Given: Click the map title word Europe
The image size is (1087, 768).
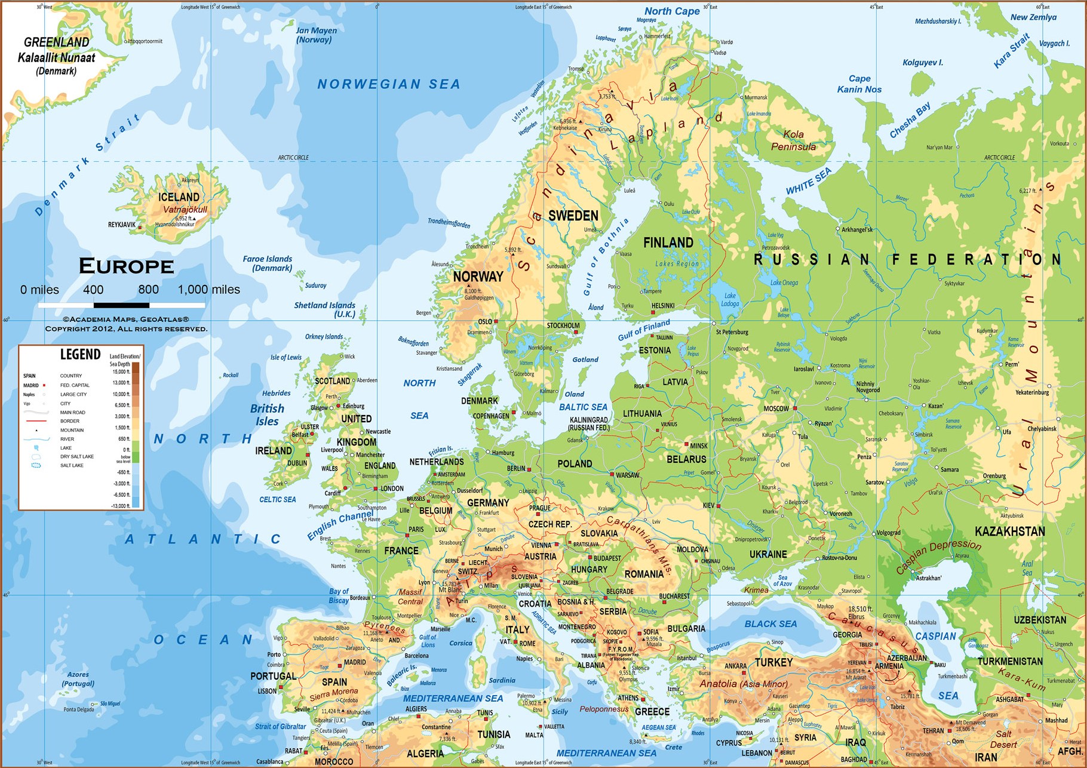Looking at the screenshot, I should (126, 266).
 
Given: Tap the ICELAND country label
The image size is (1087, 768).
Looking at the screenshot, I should (179, 197).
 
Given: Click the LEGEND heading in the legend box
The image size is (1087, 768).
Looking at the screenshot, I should (80, 355).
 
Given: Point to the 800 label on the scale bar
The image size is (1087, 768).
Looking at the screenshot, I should (148, 290).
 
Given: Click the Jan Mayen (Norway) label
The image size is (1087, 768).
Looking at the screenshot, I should (316, 35).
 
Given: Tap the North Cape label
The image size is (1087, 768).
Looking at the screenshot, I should (672, 11).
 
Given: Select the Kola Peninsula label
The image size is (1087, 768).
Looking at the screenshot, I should (793, 140).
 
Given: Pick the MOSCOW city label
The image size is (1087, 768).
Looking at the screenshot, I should (776, 409).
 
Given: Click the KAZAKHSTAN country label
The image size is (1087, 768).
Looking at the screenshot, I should (1009, 532).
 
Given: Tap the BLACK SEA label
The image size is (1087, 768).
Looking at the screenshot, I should (770, 624).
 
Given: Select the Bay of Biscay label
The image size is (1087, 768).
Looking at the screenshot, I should (339, 596).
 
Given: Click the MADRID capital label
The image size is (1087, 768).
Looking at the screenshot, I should (355, 662).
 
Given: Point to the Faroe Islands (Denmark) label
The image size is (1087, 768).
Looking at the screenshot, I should (268, 263).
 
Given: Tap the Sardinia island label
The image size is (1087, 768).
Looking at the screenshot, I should (502, 680).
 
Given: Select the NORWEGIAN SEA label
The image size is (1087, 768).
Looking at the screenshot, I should (388, 84).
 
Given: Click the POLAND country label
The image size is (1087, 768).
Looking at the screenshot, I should (575, 464).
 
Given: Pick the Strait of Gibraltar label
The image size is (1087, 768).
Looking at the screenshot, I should (280, 727).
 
